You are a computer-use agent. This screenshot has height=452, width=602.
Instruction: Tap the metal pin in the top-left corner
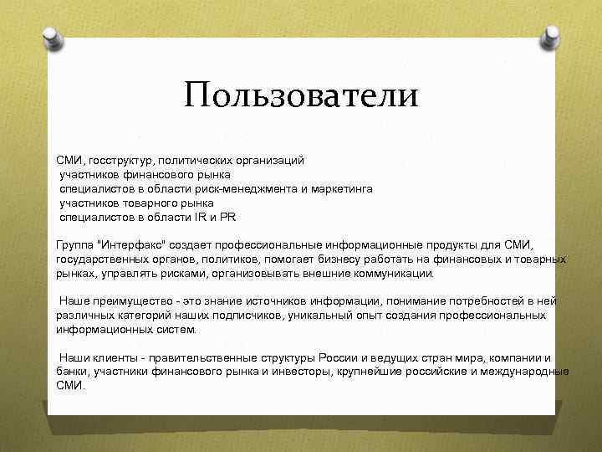click(x=52, y=37)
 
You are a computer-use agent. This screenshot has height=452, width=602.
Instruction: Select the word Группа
click(x=75, y=244)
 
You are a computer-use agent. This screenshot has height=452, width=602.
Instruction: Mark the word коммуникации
click(x=387, y=273)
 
